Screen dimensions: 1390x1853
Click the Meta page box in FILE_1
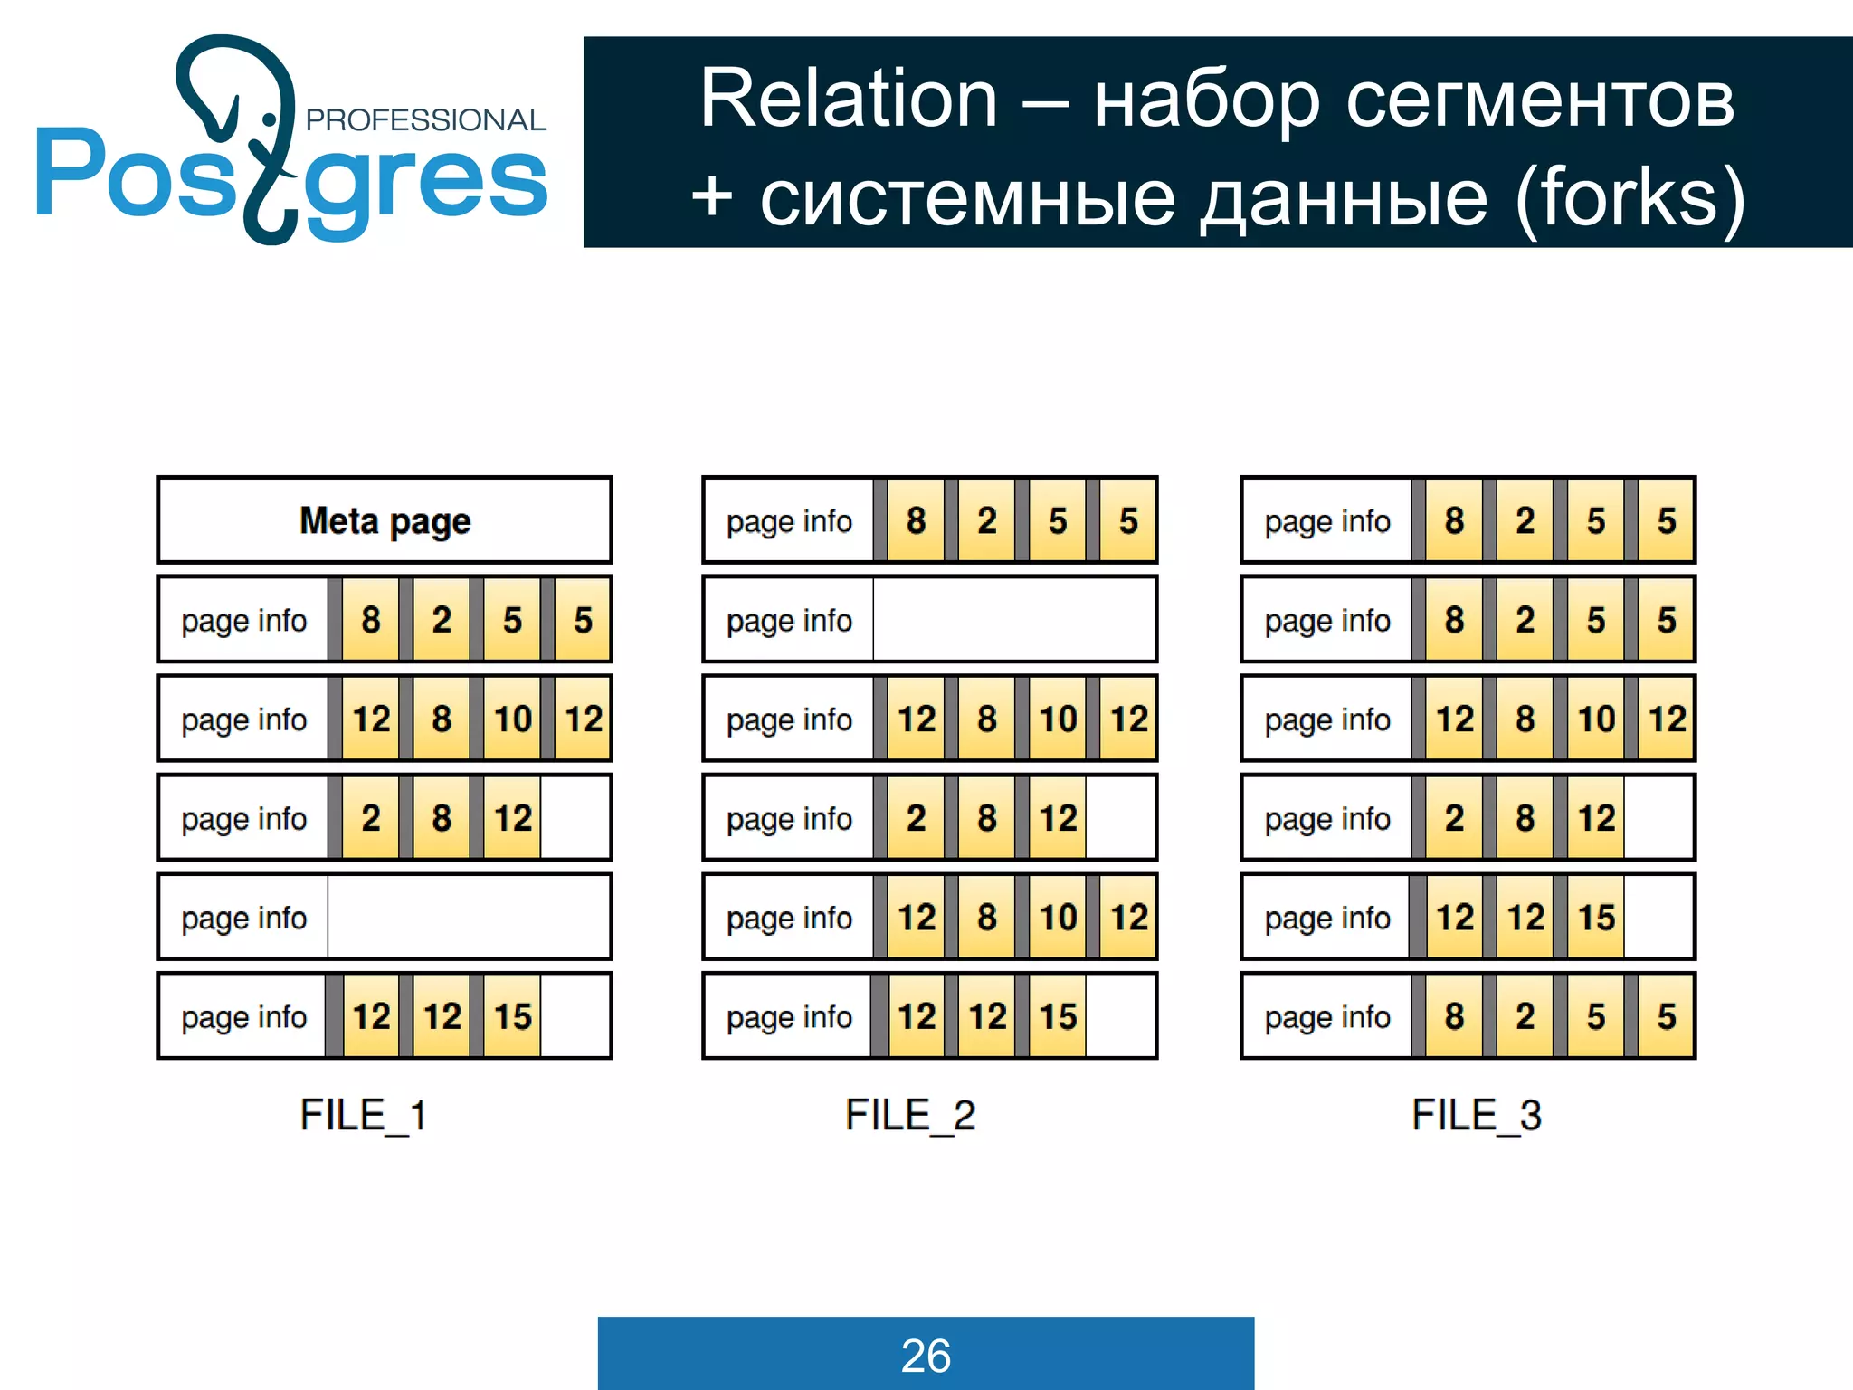click(x=385, y=520)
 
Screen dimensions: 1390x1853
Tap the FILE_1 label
click(x=363, y=1115)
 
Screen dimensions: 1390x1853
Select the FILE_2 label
click(x=909, y=1115)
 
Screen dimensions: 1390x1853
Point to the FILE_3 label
click(x=1476, y=1115)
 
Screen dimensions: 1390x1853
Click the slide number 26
click(x=926, y=1356)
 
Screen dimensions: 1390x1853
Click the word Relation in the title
click(x=849, y=99)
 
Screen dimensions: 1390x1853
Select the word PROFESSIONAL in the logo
click(x=425, y=120)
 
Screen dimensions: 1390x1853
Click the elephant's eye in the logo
click(x=270, y=119)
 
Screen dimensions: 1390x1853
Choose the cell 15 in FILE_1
click(x=512, y=1016)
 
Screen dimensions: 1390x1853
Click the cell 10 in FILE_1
click(x=512, y=719)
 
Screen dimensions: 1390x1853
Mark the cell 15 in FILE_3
click(x=1596, y=918)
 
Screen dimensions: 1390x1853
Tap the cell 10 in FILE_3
click(x=1596, y=719)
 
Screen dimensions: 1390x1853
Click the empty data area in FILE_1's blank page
click(x=468, y=918)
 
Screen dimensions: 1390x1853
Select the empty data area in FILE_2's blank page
click(x=1013, y=620)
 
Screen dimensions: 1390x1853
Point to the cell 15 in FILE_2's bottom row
click(x=1058, y=1016)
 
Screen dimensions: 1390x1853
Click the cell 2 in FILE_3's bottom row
click(x=1525, y=1016)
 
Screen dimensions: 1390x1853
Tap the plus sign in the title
click(x=712, y=197)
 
